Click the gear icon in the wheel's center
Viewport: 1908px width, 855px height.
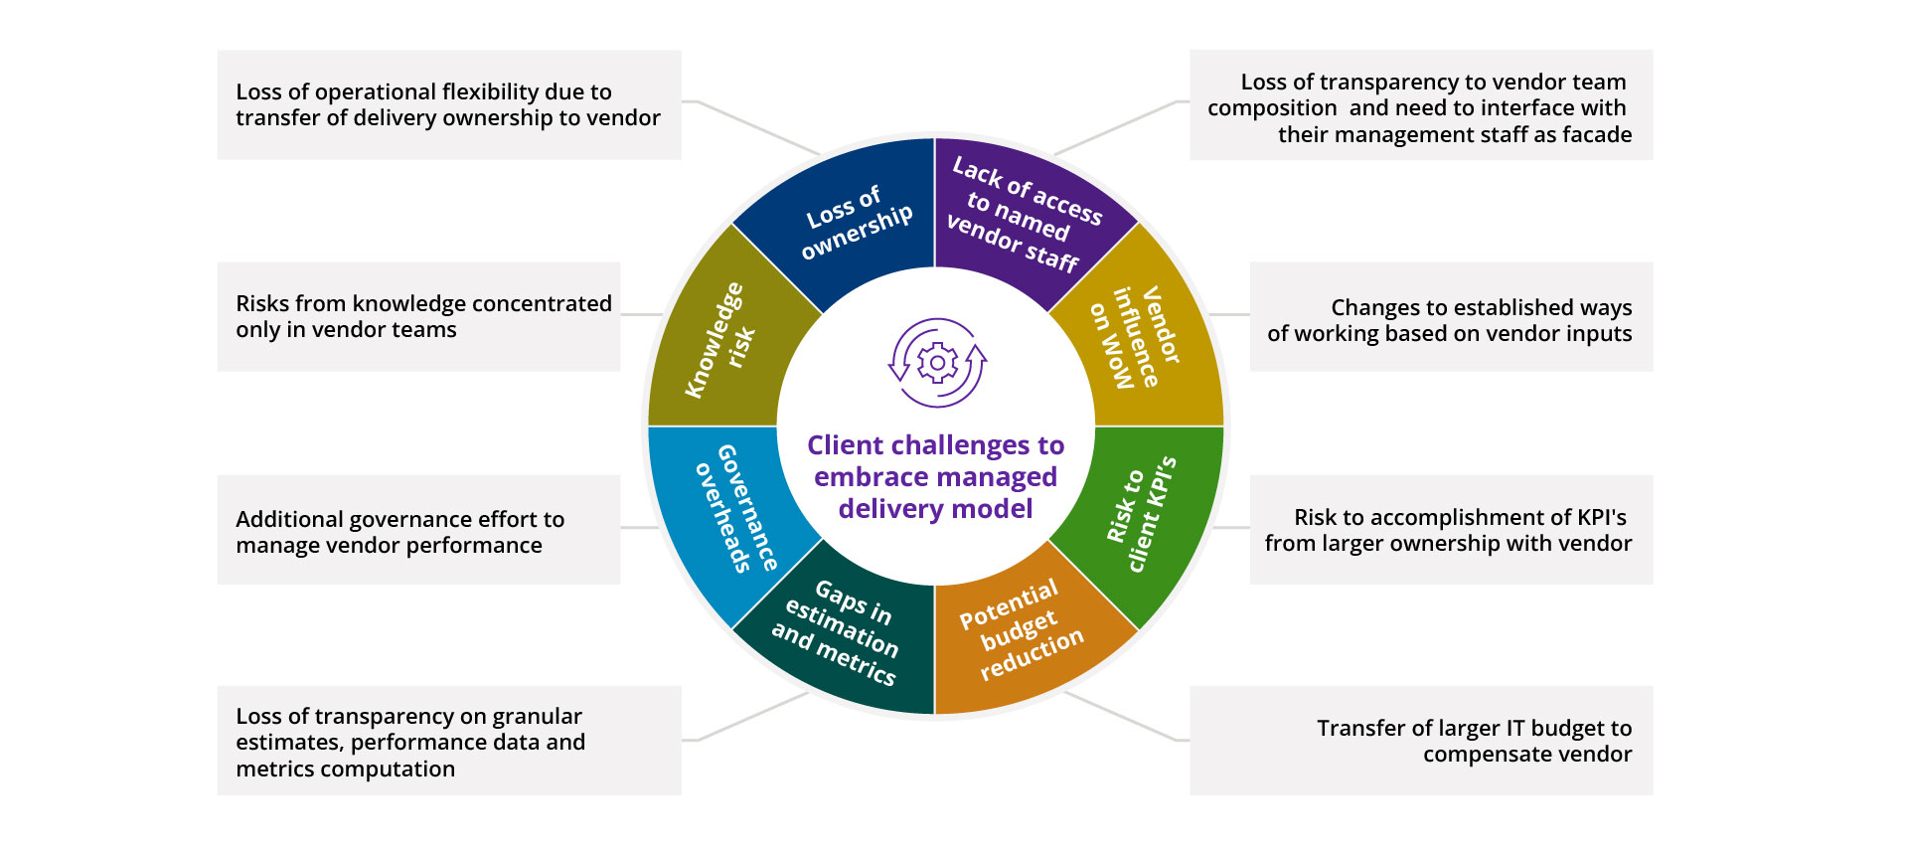click(x=937, y=363)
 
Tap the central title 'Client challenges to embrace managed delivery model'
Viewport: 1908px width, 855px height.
click(x=935, y=477)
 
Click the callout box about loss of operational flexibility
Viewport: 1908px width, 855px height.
click(x=448, y=104)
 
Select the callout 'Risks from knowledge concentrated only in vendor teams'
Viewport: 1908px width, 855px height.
click(x=418, y=316)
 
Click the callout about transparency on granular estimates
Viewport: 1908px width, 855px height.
click(x=448, y=741)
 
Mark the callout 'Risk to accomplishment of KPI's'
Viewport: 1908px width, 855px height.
click(x=1451, y=530)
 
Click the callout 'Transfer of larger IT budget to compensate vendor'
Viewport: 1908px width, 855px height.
click(x=1421, y=741)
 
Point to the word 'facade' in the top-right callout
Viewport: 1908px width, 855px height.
click(x=1597, y=135)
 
